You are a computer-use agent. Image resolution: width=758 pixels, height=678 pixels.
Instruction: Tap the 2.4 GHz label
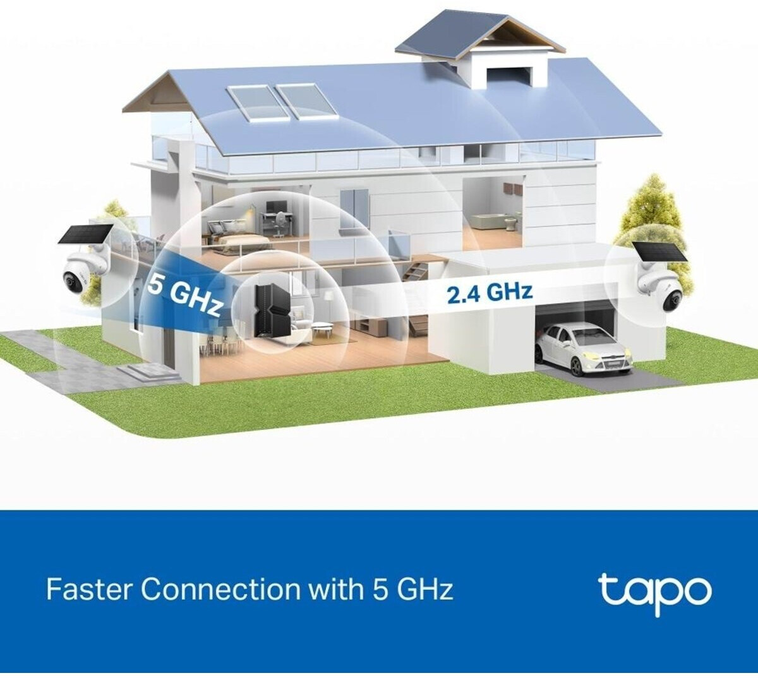point(490,293)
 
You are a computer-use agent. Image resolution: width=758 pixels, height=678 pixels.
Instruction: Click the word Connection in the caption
point(220,590)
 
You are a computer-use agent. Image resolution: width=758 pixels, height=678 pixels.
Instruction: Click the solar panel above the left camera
point(85,234)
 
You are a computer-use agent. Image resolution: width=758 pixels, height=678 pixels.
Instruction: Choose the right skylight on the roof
point(306,100)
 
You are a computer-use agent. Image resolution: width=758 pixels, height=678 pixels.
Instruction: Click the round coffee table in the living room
point(323,328)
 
